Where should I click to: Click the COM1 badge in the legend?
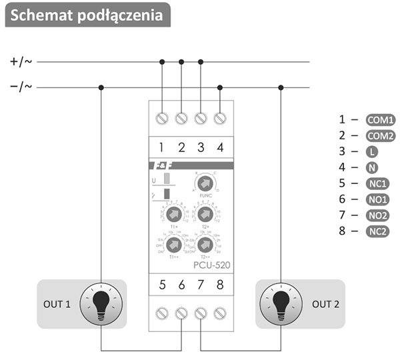click(x=381, y=120)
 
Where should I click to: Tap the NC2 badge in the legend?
click(x=378, y=231)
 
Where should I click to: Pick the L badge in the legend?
click(x=372, y=152)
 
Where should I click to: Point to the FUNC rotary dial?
click(x=205, y=183)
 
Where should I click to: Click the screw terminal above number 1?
click(x=161, y=118)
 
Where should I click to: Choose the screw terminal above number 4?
click(x=220, y=118)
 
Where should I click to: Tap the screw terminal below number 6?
click(x=181, y=313)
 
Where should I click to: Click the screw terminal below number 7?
click(x=201, y=313)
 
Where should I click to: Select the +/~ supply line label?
click(x=21, y=62)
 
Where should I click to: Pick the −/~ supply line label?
click(x=21, y=87)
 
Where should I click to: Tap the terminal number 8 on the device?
click(x=220, y=285)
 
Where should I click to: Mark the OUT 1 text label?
click(x=58, y=305)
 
